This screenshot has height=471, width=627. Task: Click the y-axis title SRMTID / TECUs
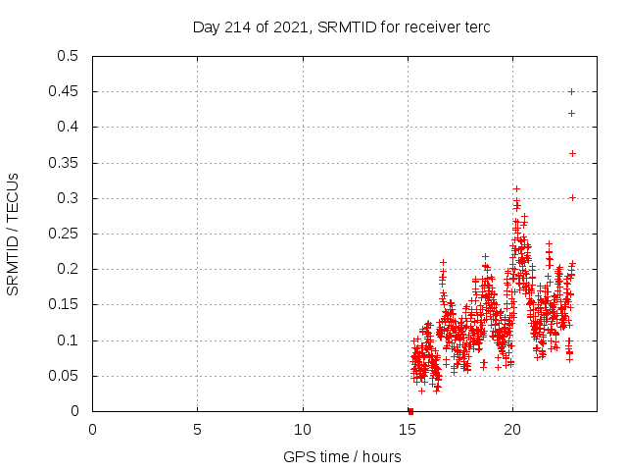pyautogui.click(x=13, y=234)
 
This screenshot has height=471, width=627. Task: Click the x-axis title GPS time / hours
pyautogui.click(x=342, y=457)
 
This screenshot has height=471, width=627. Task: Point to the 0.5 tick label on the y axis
pyautogui.click(x=68, y=56)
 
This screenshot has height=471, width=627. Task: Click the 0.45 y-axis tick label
pyautogui.click(x=64, y=91)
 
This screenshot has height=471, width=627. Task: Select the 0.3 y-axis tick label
pyautogui.click(x=68, y=198)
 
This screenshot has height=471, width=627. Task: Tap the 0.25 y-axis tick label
pyautogui.click(x=64, y=234)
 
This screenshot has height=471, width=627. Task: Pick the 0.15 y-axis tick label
pyautogui.click(x=64, y=305)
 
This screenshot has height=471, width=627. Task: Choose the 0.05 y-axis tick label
pyautogui.click(x=64, y=376)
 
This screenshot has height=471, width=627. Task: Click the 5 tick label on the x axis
pyautogui.click(x=197, y=430)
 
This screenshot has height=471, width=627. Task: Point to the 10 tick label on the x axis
pyautogui.click(x=303, y=430)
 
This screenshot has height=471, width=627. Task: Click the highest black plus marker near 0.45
pyautogui.click(x=571, y=91)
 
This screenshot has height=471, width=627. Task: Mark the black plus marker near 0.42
pyautogui.click(x=571, y=113)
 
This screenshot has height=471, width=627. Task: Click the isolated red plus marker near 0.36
pyautogui.click(x=572, y=153)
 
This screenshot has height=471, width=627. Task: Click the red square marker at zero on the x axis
pyautogui.click(x=410, y=411)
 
